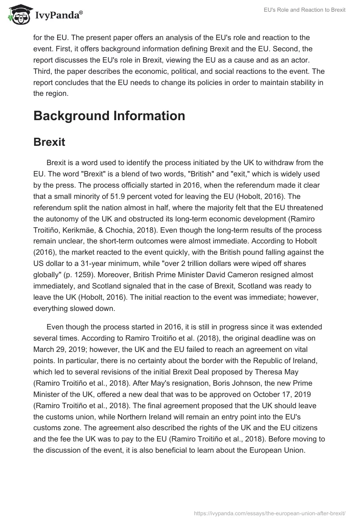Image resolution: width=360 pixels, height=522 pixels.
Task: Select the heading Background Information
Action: pyautogui.click(x=109, y=116)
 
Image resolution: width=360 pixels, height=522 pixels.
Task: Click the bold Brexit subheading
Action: pyautogui.click(x=49, y=142)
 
